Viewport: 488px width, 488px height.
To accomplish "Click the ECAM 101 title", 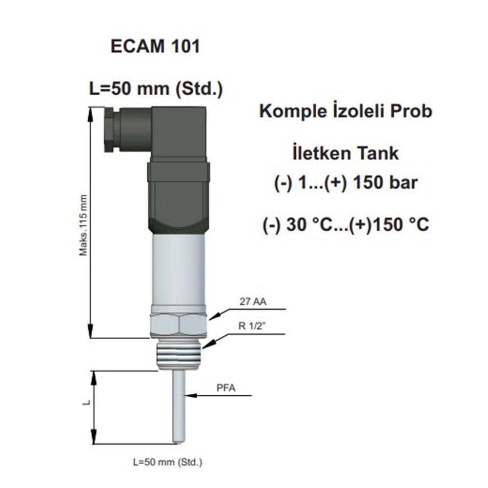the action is pyautogui.click(x=155, y=47).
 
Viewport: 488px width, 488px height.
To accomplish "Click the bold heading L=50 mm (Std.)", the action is pyautogui.click(x=156, y=89).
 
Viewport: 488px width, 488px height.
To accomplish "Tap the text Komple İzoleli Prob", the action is pyautogui.click(x=346, y=111).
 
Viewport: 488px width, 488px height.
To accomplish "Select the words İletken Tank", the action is pyautogui.click(x=346, y=153).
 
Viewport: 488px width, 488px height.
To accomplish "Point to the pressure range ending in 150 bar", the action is pyautogui.click(x=346, y=183).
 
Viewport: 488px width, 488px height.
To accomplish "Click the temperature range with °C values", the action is pyautogui.click(x=346, y=224).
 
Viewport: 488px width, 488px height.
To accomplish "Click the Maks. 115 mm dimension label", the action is pyautogui.click(x=83, y=225).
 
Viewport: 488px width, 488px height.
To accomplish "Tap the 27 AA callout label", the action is pyautogui.click(x=253, y=302).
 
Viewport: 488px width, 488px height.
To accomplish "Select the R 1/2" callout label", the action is pyautogui.click(x=253, y=326).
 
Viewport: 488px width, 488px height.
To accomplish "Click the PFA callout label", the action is pyautogui.click(x=226, y=388).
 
